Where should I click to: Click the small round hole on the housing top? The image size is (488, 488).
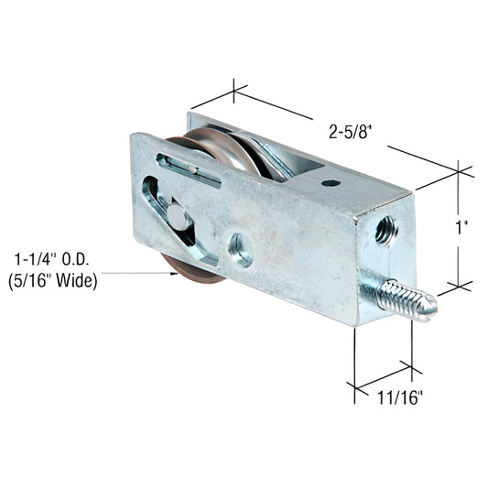331,183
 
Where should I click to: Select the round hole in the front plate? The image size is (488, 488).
240,248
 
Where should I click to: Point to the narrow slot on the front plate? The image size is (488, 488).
189,169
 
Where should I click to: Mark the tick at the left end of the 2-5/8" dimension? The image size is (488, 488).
234,91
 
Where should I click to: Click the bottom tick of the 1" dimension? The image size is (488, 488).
459,286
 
